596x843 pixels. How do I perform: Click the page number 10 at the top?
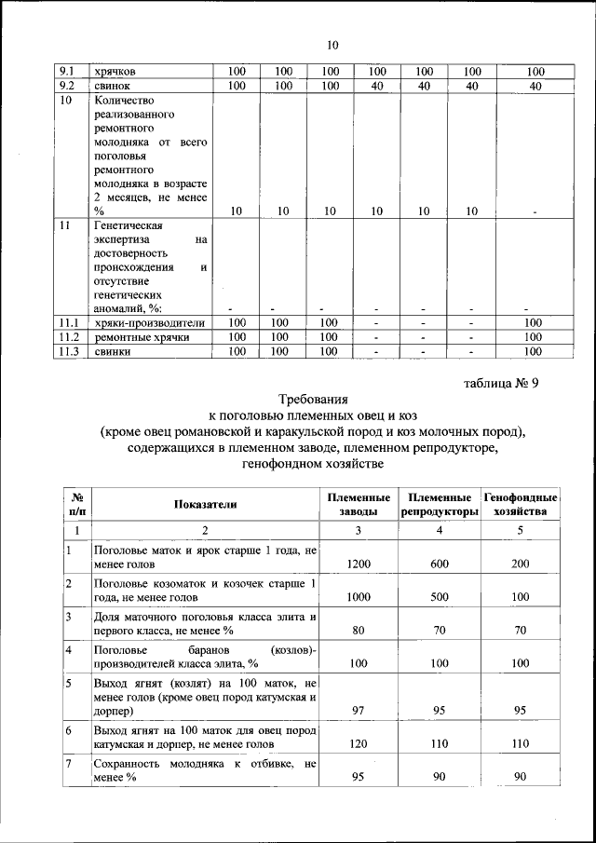(x=334, y=45)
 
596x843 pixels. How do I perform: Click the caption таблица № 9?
(x=501, y=382)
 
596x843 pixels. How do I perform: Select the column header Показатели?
(x=206, y=504)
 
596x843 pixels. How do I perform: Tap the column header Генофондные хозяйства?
(x=521, y=504)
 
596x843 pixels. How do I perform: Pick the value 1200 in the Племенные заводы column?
(x=359, y=564)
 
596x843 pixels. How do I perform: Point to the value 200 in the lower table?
(x=521, y=564)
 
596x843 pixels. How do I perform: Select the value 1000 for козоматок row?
(x=359, y=596)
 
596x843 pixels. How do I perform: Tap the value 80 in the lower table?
(x=359, y=630)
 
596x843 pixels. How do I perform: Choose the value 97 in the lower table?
(x=359, y=711)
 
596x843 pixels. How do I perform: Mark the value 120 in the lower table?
(x=359, y=745)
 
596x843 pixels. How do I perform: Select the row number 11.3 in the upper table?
(x=68, y=351)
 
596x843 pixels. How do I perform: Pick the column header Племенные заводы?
(x=359, y=504)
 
